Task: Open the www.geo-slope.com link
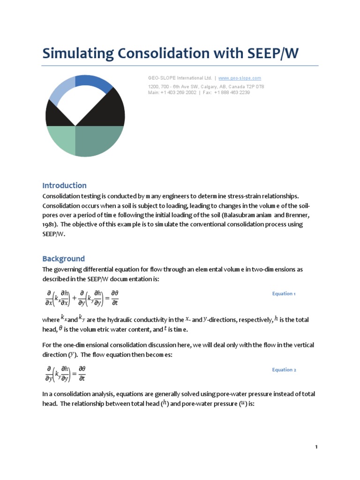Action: (x=240, y=78)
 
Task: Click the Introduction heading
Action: (x=64, y=185)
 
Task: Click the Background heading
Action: (x=63, y=259)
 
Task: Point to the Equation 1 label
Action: (x=284, y=294)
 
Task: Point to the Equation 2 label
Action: (x=284, y=370)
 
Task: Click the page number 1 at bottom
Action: (x=316, y=447)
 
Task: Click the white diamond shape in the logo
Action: (x=85, y=105)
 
